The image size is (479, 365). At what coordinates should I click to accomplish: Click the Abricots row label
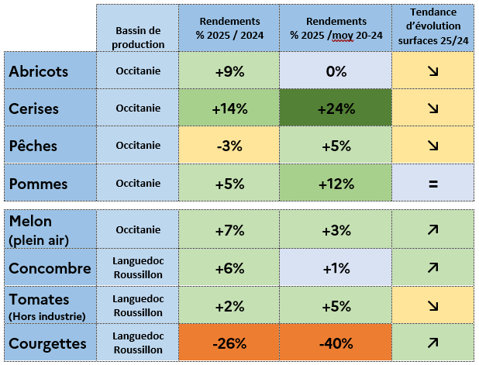click(x=39, y=71)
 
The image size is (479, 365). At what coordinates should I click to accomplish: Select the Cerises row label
click(x=35, y=108)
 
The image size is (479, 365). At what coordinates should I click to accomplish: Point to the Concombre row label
click(x=50, y=269)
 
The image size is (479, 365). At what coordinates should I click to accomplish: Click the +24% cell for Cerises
click(x=336, y=108)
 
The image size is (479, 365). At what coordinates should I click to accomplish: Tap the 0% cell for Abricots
click(x=336, y=71)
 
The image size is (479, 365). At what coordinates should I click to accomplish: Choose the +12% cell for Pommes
click(x=336, y=184)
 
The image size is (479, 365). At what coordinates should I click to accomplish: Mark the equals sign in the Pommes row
click(x=432, y=184)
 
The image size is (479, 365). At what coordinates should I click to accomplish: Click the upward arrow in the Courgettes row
click(x=432, y=343)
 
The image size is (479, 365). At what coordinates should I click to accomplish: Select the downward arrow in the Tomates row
click(x=432, y=305)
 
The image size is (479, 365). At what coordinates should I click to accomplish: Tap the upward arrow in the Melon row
click(x=432, y=230)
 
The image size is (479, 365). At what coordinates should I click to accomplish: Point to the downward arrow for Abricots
click(x=432, y=71)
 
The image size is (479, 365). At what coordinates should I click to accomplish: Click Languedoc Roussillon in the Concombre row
click(x=139, y=269)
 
